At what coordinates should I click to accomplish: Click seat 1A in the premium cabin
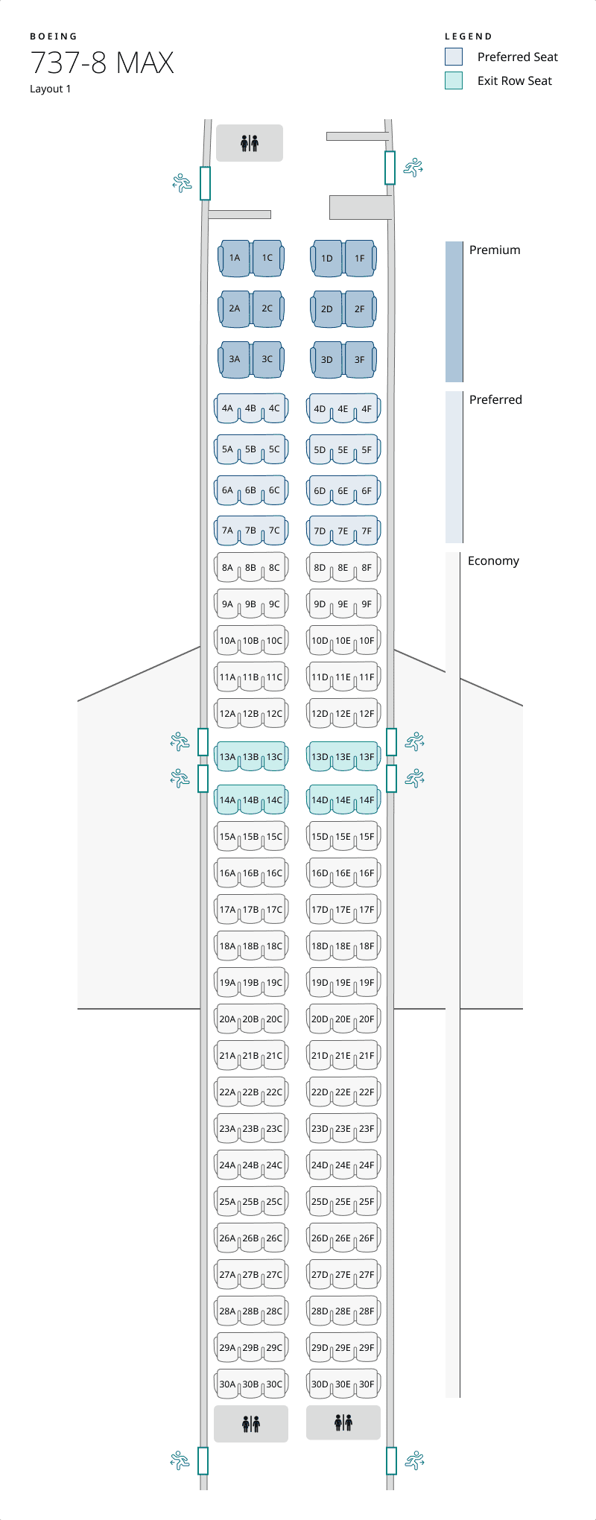click(x=235, y=258)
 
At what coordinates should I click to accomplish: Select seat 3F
click(x=360, y=359)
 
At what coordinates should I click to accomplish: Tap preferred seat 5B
click(x=251, y=449)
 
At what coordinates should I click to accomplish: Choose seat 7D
click(x=320, y=531)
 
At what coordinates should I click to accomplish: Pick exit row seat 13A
click(x=227, y=757)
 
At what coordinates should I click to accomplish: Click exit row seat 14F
click(x=367, y=800)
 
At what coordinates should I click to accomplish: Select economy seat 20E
click(x=343, y=1019)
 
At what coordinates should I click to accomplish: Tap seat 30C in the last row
click(x=275, y=1384)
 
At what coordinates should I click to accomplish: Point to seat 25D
click(x=320, y=1202)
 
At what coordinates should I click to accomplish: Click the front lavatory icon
click(x=250, y=143)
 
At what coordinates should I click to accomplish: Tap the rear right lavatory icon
click(x=343, y=1422)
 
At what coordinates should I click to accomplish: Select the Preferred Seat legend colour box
click(x=454, y=57)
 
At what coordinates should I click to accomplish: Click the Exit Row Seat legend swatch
click(x=454, y=80)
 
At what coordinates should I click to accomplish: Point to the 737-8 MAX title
click(x=102, y=63)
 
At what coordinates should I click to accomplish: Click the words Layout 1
click(x=51, y=89)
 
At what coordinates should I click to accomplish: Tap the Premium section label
click(x=495, y=250)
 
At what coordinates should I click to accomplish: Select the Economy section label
click(x=493, y=561)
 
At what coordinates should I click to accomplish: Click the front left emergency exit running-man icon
click(x=182, y=183)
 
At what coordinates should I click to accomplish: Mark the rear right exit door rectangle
click(x=392, y=1460)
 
